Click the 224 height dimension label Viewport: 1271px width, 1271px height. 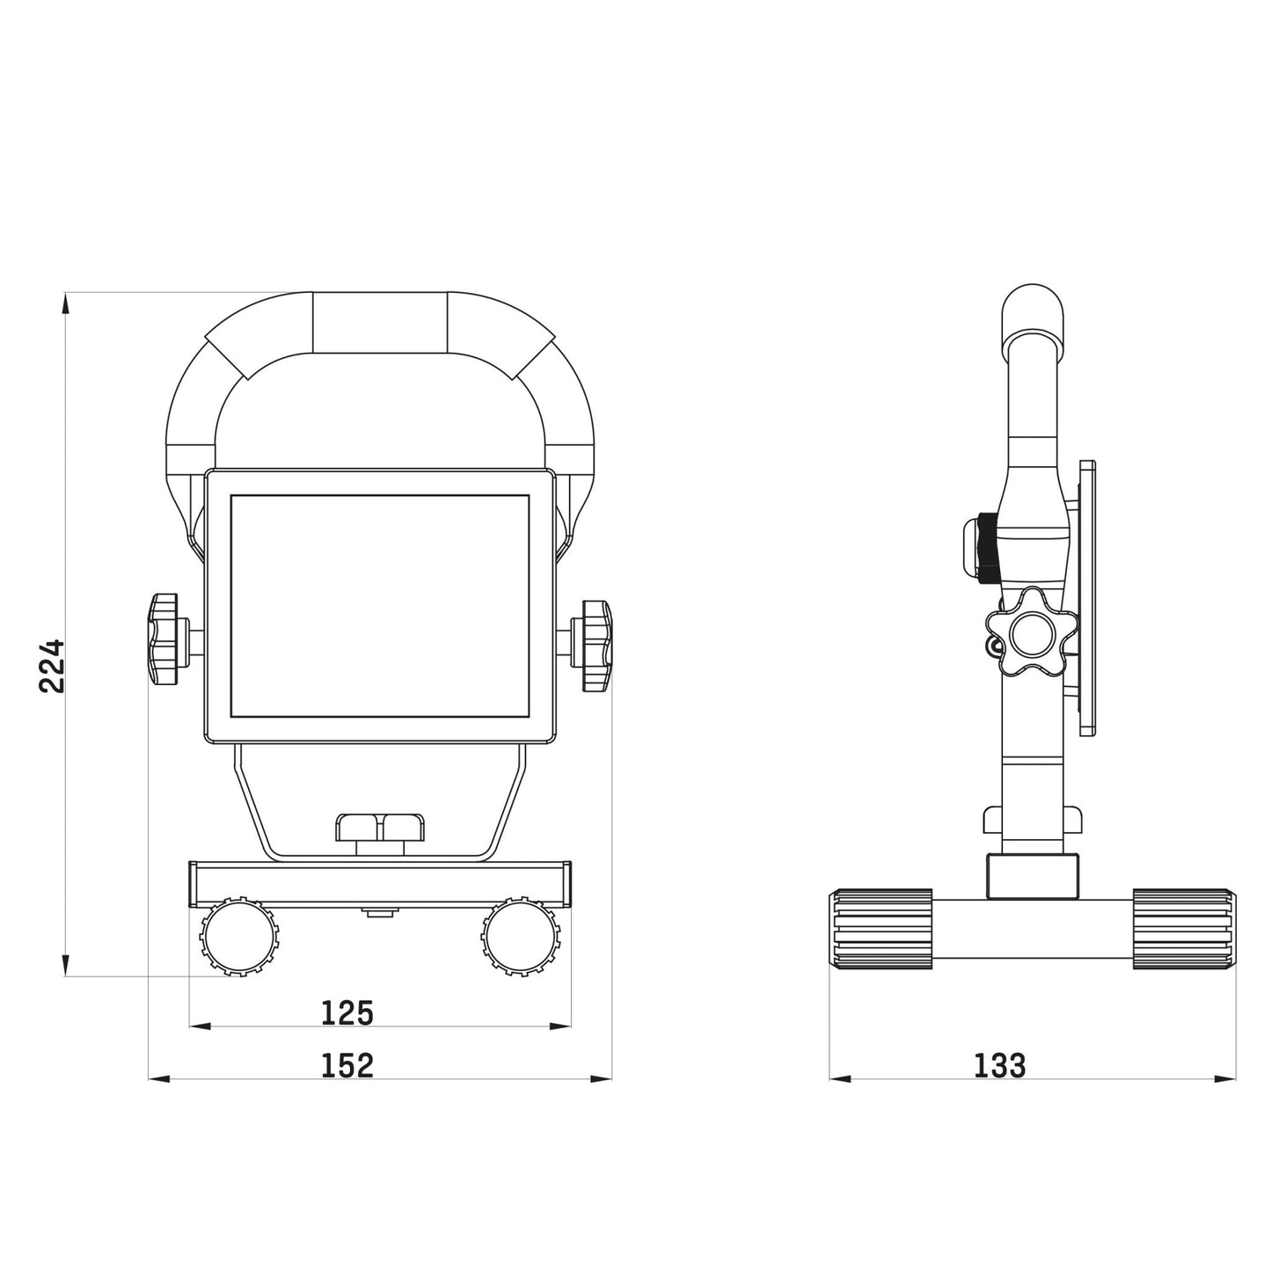pyautogui.click(x=53, y=666)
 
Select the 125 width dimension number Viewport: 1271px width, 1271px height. pyautogui.click(x=347, y=1013)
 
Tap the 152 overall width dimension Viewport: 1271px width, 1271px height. pyautogui.click(x=347, y=1065)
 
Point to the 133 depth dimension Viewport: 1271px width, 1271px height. pyautogui.click(x=1000, y=1065)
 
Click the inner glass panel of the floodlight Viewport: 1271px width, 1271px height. pyautogui.click(x=380, y=606)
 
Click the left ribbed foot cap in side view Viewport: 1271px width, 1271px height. pyautogui.click(x=880, y=928)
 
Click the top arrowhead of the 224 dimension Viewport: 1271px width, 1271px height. pyautogui.click(x=64, y=302)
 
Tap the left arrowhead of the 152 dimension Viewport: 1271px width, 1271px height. pyautogui.click(x=157, y=1077)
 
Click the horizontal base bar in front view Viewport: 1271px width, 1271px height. pyautogui.click(x=380, y=883)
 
